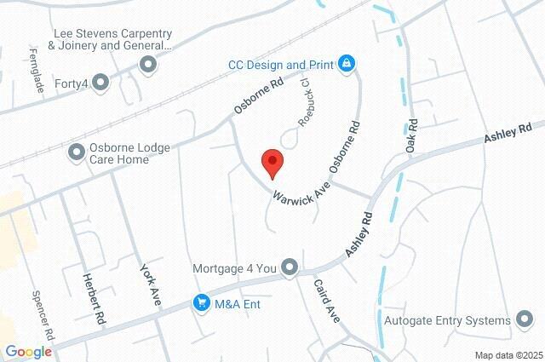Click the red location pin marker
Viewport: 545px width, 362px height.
click(272, 162)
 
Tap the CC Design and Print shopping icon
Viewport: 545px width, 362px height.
click(347, 64)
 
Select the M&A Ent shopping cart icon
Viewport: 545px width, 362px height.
click(202, 302)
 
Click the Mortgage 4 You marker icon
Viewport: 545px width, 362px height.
click(290, 267)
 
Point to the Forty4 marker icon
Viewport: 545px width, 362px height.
click(101, 82)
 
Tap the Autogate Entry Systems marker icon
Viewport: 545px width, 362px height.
click(525, 320)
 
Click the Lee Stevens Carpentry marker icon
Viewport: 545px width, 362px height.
click(149, 64)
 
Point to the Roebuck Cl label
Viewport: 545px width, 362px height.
click(302, 102)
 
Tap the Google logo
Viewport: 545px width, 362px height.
click(27, 352)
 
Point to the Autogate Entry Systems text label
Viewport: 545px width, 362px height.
click(446, 320)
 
